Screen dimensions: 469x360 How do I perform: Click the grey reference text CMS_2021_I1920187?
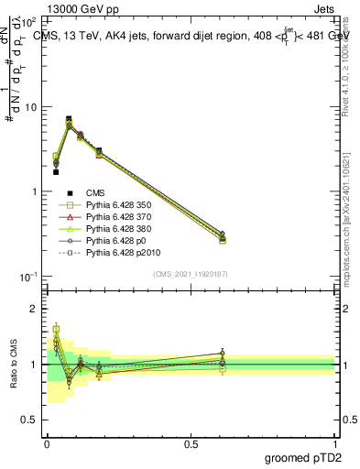coord(190,273)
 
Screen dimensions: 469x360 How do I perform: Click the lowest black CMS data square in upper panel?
coord(56,171)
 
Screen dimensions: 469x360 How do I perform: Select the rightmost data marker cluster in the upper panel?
coord(223,237)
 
